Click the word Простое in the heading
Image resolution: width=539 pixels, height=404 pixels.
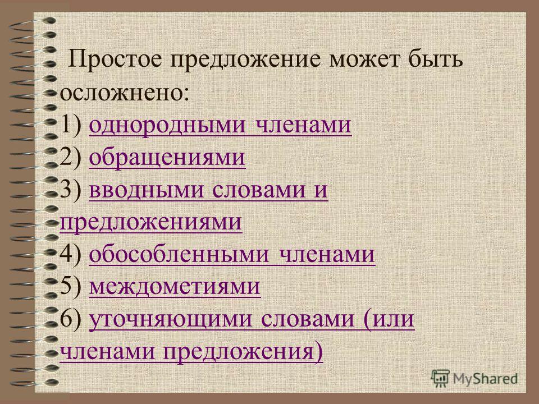[115, 59]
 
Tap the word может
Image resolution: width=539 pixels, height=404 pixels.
[366, 59]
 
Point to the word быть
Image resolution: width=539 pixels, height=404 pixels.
[435, 58]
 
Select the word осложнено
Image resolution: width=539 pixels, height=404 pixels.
[124, 93]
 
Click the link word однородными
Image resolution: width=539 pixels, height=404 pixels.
[167, 125]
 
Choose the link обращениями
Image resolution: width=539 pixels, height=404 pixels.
[167, 158]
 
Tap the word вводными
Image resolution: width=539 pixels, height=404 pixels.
[147, 189]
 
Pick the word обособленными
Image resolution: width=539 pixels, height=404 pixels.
[179, 255]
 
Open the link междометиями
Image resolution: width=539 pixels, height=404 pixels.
[175, 287]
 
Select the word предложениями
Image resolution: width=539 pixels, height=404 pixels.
[151, 223]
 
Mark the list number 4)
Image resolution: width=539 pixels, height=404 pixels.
[71, 254]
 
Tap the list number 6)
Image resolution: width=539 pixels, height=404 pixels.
[71, 319]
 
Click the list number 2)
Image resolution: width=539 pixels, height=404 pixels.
[71, 157]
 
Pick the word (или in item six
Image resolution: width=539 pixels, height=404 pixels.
[389, 319]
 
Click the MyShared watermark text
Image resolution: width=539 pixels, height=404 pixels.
[485, 379]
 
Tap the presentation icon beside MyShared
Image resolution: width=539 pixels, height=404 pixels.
[440, 378]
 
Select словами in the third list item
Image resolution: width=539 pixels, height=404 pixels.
[259, 190]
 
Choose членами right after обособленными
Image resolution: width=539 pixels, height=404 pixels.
[327, 255]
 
